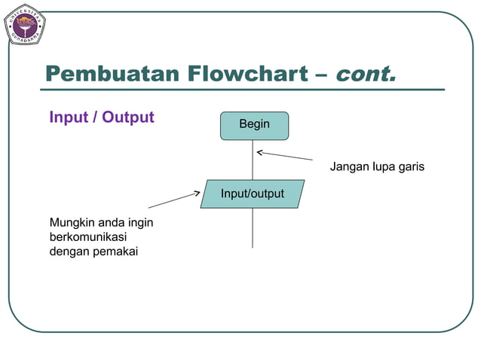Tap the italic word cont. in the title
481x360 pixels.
click(x=364, y=75)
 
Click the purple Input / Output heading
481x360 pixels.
click(x=101, y=117)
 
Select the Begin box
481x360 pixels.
click(x=254, y=125)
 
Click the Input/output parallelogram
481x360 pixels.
click(x=253, y=194)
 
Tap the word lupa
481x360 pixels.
click(x=384, y=166)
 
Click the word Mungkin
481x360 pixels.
click(x=72, y=223)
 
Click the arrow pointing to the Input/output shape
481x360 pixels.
click(x=174, y=200)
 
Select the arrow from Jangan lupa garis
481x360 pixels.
click(x=284, y=156)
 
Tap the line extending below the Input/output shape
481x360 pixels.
click(x=253, y=227)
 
